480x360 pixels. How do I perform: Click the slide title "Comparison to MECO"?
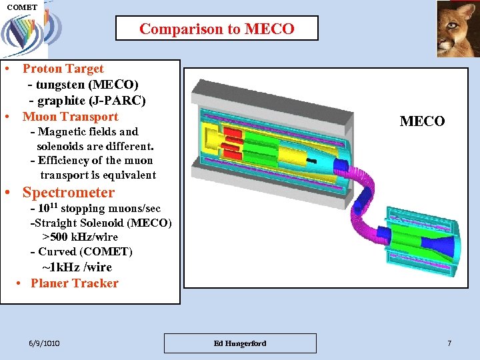pyautogui.click(x=217, y=29)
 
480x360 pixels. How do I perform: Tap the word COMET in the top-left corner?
pyautogui.click(x=22, y=7)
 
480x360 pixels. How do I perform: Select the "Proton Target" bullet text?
pyautogui.click(x=63, y=69)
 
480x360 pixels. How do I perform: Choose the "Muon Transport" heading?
pyautogui.click(x=70, y=117)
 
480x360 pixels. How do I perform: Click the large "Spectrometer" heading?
pyautogui.click(x=68, y=193)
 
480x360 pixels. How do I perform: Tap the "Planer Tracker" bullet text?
pyautogui.click(x=74, y=283)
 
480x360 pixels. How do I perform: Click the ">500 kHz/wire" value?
pyautogui.click(x=80, y=237)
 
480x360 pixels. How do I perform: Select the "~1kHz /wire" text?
pyautogui.click(x=77, y=267)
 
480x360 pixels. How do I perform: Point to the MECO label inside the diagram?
pyautogui.click(x=422, y=121)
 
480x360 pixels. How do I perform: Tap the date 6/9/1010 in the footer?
pyautogui.click(x=45, y=343)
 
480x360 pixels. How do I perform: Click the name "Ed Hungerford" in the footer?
pyautogui.click(x=240, y=343)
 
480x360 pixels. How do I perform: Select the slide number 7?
pyautogui.click(x=449, y=343)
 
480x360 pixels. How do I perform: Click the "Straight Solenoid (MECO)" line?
pyautogui.click(x=103, y=223)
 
